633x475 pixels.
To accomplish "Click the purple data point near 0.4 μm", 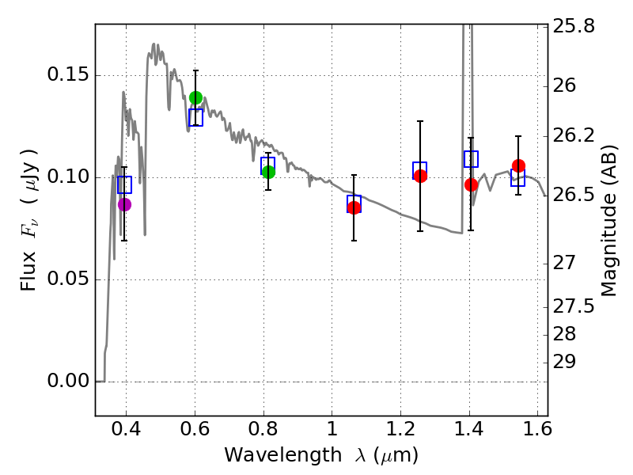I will pos(124,204).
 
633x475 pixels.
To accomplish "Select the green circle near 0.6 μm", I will pos(195,97).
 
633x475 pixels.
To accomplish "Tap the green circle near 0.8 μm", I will pos(268,172).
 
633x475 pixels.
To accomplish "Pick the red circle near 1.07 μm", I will pos(354,207).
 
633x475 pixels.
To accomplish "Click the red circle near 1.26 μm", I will pos(420,176).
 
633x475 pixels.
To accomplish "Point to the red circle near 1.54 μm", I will pos(518,165).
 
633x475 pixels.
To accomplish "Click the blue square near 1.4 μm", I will pos(471,159).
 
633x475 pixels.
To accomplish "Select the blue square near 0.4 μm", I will pos(124,185).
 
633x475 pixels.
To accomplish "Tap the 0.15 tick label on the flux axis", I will pos(69,76).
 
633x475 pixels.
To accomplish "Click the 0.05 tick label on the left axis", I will pos(69,279).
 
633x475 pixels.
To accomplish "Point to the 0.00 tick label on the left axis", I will pos(69,382).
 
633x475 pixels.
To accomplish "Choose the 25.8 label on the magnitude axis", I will pos(574,26).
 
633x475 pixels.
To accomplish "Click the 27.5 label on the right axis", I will pos(574,306).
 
